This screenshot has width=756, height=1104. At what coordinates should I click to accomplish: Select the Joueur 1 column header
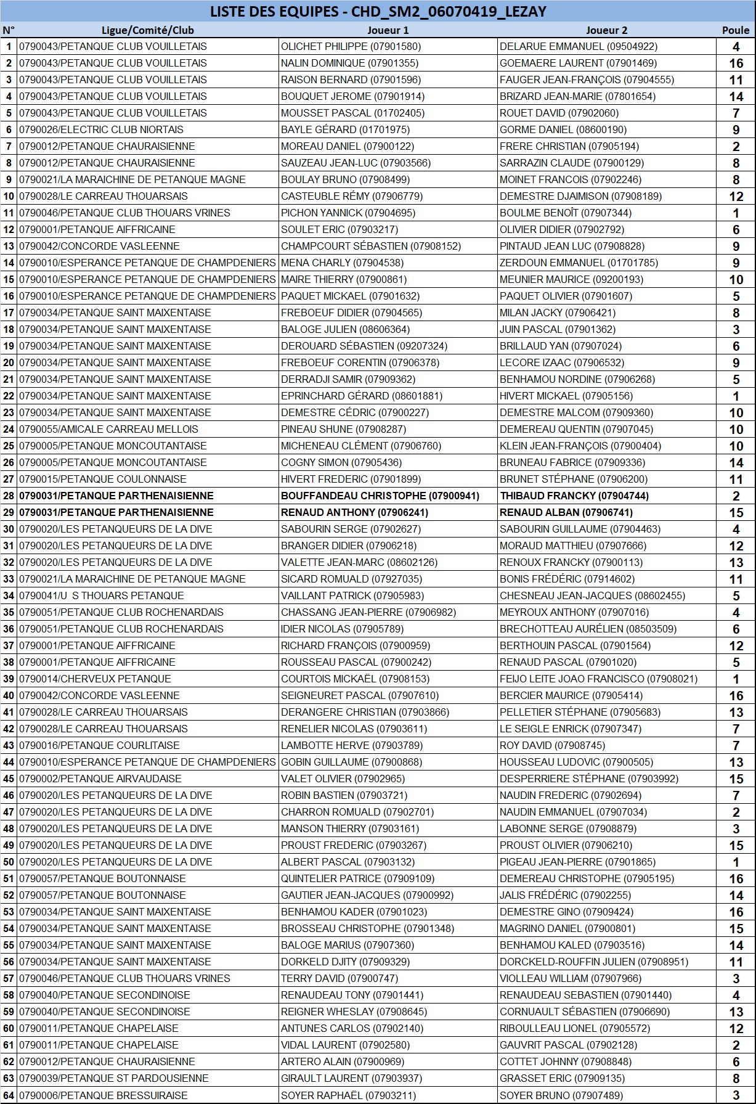point(388,30)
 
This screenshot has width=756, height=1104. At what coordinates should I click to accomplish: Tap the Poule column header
point(736,30)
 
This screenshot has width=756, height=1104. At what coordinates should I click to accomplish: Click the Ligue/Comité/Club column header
point(148,30)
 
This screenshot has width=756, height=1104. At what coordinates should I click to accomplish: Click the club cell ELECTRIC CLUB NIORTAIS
point(101,129)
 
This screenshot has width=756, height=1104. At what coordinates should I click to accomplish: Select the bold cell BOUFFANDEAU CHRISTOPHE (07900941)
point(380,496)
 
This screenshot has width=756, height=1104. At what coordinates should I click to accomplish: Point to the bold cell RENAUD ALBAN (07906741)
point(566,512)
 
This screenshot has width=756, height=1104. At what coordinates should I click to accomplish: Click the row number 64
point(9,1095)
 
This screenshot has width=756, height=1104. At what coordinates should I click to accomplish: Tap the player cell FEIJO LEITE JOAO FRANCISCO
point(598,679)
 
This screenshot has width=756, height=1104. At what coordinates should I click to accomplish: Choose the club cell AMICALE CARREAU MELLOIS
point(108,429)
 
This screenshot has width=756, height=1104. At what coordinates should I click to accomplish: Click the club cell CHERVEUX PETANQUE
point(95,679)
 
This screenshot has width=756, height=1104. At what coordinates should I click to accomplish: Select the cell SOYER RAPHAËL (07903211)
point(348,1095)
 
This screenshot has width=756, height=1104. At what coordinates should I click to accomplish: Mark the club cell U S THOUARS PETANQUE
point(101,595)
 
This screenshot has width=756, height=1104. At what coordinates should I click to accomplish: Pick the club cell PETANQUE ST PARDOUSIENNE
point(113,1078)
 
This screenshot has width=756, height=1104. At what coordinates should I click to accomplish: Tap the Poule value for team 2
point(736,63)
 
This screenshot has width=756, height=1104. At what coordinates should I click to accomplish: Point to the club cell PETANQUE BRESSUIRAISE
point(103,1095)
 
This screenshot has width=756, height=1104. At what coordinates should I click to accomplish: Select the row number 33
point(9,579)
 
